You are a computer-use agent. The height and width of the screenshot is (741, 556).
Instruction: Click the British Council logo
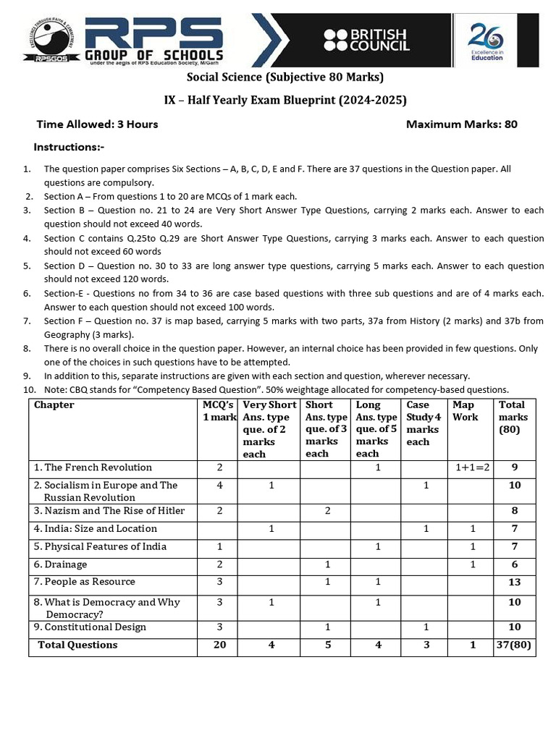coord(366,40)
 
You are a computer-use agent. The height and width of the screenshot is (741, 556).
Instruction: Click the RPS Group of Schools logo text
coord(154,40)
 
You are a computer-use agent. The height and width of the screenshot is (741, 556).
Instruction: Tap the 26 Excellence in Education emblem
coord(486,41)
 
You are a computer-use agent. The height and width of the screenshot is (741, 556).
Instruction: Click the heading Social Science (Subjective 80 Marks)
coord(285,77)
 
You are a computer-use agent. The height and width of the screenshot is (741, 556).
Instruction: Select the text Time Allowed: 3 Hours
coord(97,124)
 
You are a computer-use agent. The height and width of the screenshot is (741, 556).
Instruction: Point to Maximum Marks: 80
coord(461,124)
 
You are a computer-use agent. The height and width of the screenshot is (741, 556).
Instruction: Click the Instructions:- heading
coord(69,147)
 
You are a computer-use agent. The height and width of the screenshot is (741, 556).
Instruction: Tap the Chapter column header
coord(54,405)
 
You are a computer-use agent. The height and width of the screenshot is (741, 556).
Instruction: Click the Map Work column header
coord(465,411)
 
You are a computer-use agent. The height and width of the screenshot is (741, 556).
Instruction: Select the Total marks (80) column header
coord(513,417)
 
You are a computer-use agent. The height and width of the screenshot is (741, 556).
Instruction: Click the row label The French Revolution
coord(93,467)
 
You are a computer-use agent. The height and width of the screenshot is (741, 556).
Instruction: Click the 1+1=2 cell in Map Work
coord(472,467)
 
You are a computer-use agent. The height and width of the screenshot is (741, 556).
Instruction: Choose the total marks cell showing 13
coord(514,582)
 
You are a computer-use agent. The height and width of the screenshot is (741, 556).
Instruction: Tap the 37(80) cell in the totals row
coord(514,645)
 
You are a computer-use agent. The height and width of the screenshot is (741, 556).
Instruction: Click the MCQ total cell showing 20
coord(219,645)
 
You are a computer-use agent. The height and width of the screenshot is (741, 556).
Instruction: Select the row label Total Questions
coord(77,645)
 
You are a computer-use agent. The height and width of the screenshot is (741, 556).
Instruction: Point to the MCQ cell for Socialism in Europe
coord(219,486)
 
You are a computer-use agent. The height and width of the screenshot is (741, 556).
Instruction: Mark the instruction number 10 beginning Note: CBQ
coord(275,389)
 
